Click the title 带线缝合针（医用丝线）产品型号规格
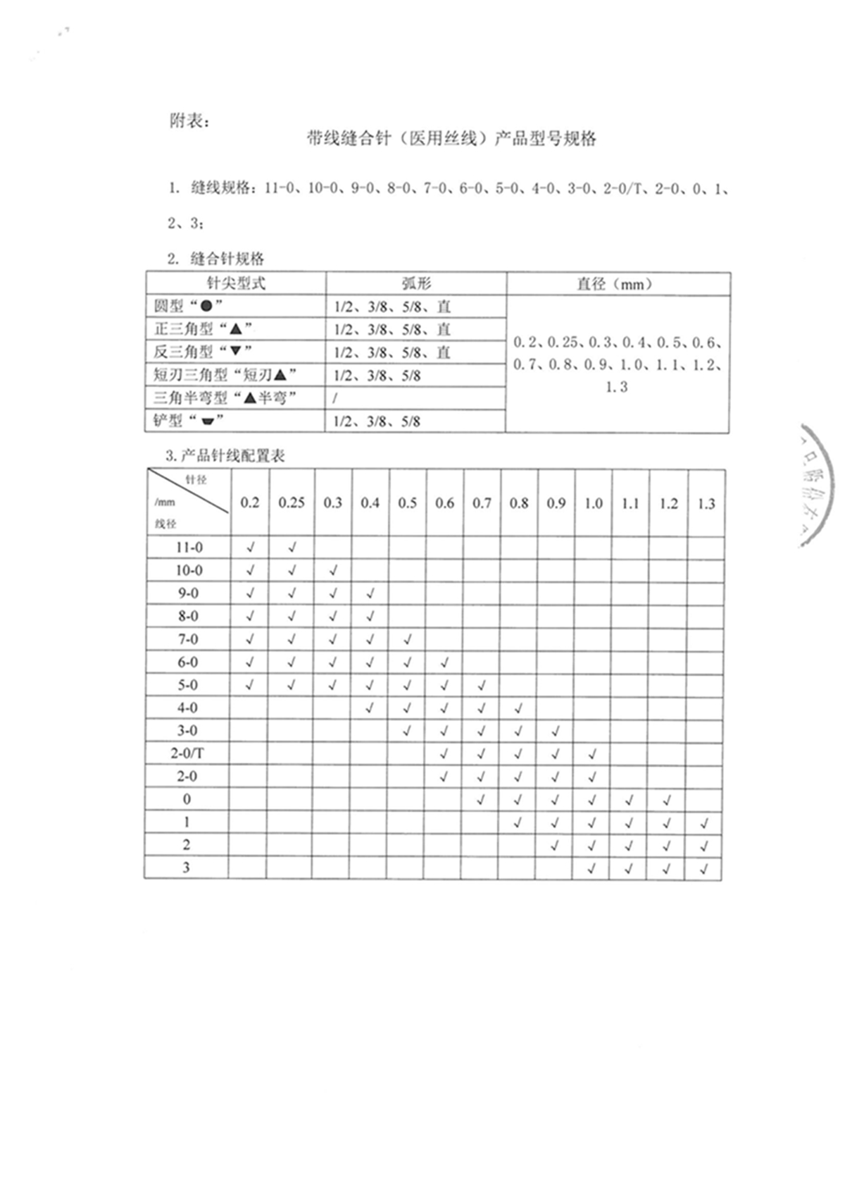tap(451, 139)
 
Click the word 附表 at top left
tap(188, 121)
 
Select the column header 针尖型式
tap(236, 283)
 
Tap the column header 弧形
tap(415, 283)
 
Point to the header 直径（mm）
tap(617, 283)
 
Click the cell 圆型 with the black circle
tap(189, 307)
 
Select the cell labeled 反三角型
tap(202, 352)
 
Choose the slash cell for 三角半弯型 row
tap(336, 398)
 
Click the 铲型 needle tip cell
tap(188, 421)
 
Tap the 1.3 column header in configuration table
tap(706, 503)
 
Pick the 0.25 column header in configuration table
tap(292, 503)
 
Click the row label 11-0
tap(189, 548)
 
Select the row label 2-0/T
tap(187, 753)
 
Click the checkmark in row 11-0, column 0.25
tap(292, 548)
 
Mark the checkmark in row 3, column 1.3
tap(703, 869)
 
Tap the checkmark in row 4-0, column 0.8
tap(518, 708)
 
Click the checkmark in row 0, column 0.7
tap(481, 800)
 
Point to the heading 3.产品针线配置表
tap(225, 456)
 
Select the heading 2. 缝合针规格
tap(216, 258)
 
